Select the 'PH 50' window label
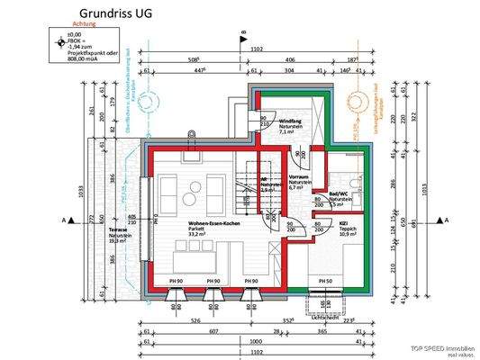(324, 282)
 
